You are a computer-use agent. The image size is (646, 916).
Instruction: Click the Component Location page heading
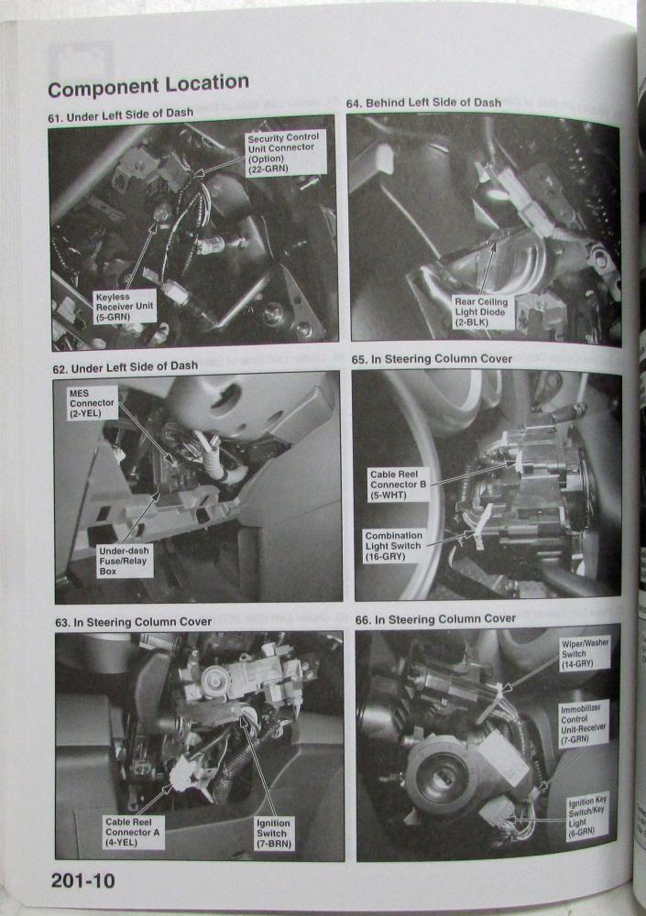(x=148, y=85)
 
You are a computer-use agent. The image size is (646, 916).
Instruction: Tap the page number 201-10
(x=83, y=880)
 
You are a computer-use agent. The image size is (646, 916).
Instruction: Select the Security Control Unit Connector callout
(x=283, y=152)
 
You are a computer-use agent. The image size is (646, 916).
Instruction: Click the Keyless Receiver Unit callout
(x=124, y=307)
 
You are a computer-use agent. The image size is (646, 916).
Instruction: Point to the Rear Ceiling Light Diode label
(x=481, y=311)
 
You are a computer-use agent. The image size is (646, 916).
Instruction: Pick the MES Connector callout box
(x=92, y=403)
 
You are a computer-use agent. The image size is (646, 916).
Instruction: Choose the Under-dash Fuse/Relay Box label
(x=124, y=561)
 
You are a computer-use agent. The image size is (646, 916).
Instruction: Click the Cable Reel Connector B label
(x=398, y=485)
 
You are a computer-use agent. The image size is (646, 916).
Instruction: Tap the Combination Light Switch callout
(x=393, y=546)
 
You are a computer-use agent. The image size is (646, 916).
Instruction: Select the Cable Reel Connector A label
(x=132, y=832)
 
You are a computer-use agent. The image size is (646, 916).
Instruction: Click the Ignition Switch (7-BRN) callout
(x=273, y=833)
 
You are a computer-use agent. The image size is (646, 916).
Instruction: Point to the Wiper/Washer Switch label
(x=585, y=653)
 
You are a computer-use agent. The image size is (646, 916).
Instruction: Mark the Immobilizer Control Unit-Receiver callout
(x=584, y=724)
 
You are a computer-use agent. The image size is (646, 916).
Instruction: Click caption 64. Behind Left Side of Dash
(x=423, y=103)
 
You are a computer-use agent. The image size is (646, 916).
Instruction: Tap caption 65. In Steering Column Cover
(x=432, y=359)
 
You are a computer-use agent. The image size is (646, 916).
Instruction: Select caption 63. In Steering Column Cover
(x=133, y=622)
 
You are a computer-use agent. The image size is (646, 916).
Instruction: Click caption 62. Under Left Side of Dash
(x=126, y=367)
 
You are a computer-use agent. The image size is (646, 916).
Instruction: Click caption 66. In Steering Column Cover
(x=435, y=618)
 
